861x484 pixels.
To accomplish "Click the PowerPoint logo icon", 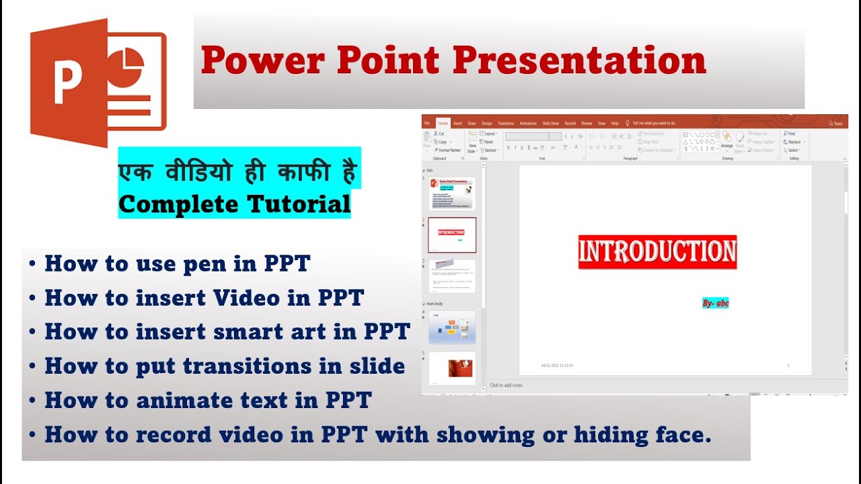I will click(x=98, y=82).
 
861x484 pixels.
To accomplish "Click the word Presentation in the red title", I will click(x=579, y=61).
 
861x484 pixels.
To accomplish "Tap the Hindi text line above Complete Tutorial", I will click(x=239, y=173).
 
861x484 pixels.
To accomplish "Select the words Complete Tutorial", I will click(x=235, y=204).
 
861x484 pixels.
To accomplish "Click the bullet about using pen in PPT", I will click(x=177, y=264).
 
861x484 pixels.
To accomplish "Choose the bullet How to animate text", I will click(x=208, y=401).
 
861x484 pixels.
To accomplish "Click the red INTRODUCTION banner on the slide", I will click(x=657, y=252).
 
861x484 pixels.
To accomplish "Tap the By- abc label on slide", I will click(x=715, y=303).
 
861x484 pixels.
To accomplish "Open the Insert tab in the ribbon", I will click(x=457, y=124).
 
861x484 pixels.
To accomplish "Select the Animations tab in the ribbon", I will click(x=528, y=124).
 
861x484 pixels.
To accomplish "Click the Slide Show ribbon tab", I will click(x=550, y=124).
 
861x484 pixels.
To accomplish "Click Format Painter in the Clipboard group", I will click(x=449, y=151).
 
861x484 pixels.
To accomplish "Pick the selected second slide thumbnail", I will click(x=452, y=235).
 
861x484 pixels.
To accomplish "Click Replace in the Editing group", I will click(x=794, y=142).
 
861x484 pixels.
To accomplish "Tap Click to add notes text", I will click(x=506, y=385).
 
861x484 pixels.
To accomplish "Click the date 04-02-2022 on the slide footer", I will click(x=557, y=366).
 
